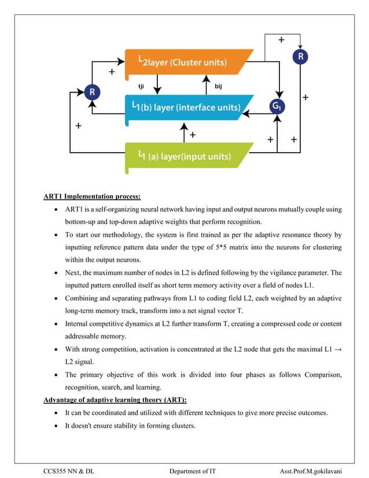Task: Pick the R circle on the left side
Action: point(91,91)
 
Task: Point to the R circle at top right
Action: point(300,57)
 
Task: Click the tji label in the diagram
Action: point(141,86)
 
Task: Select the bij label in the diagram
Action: point(219,86)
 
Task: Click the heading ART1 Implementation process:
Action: point(92,196)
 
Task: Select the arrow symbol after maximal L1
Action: point(337,349)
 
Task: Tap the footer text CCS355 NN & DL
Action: point(69,471)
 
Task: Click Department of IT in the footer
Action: point(192,471)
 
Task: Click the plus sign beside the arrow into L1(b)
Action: point(193,134)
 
